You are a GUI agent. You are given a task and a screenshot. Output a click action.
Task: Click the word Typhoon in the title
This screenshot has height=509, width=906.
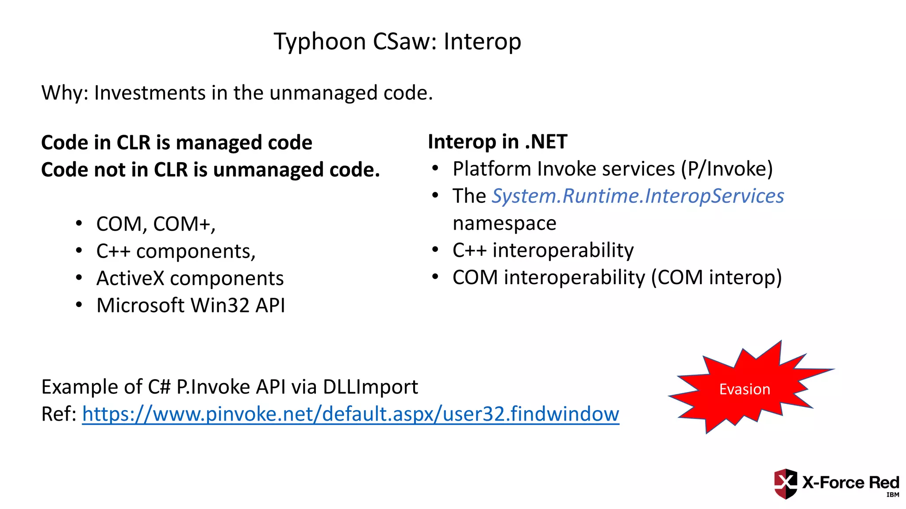319,42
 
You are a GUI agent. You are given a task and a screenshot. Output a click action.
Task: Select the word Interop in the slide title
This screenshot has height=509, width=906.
482,42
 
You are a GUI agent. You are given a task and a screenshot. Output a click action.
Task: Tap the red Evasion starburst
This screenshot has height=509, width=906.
745,389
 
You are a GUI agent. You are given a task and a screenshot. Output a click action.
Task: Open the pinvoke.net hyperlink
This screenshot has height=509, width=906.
350,414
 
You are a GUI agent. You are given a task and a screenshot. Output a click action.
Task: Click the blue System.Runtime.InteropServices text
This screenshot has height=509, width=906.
637,196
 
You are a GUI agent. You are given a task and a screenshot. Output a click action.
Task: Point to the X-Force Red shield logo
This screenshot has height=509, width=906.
785,483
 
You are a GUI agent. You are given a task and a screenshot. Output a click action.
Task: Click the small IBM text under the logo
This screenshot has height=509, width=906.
893,495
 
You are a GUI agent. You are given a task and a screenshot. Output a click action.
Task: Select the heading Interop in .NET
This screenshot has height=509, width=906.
497,142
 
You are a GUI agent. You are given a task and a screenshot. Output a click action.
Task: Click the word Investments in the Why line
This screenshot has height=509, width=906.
150,93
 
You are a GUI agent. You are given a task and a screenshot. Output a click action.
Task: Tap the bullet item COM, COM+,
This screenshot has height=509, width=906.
156,224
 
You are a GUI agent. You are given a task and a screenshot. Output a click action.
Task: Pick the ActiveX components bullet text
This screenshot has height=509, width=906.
190,278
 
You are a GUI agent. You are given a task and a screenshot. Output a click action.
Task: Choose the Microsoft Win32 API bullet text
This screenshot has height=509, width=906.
191,305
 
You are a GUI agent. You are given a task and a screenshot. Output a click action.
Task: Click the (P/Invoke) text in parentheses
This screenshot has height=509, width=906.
727,169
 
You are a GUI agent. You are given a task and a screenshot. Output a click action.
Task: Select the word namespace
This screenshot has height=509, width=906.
504,223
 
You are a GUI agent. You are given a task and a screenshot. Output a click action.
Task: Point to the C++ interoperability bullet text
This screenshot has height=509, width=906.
543,250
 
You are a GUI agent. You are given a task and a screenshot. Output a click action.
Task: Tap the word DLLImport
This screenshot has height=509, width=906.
370,387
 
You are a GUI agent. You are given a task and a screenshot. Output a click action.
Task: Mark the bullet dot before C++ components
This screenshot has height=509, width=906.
79,251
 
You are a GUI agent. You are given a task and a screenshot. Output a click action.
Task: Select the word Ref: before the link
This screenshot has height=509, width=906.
59,414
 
